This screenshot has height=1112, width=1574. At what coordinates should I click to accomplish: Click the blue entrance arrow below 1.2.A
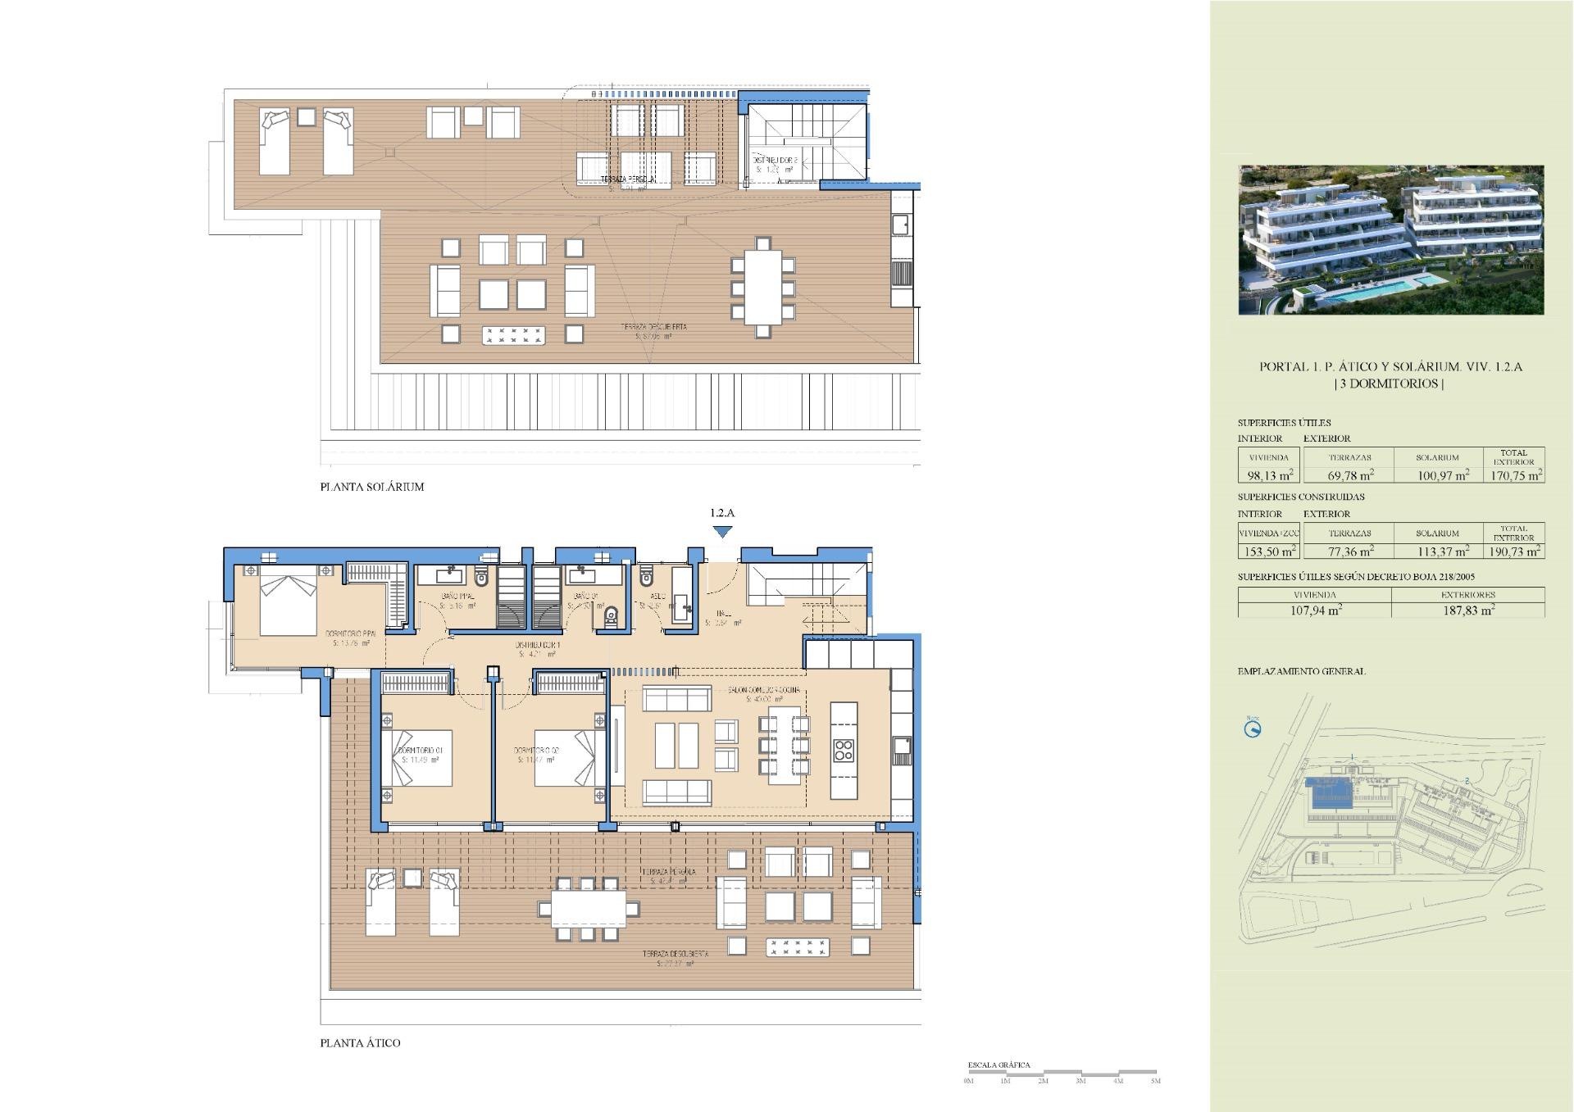pyautogui.click(x=721, y=532)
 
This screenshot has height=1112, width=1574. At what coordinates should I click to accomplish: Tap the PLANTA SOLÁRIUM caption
pyautogui.click(x=371, y=487)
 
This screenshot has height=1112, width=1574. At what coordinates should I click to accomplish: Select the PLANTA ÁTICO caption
pyautogui.click(x=360, y=1043)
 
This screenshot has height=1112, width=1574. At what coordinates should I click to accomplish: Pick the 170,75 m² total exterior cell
pyautogui.click(x=1513, y=474)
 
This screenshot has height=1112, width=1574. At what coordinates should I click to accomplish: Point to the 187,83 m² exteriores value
pyautogui.click(x=1467, y=610)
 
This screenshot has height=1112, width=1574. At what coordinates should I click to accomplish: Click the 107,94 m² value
pyautogui.click(x=1314, y=610)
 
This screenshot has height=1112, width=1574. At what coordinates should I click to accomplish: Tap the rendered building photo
pyautogui.click(x=1390, y=239)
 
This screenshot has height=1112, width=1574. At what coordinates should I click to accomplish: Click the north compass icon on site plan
pyautogui.click(x=1252, y=728)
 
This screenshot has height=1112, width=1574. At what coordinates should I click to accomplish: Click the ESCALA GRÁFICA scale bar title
pyautogui.click(x=999, y=1065)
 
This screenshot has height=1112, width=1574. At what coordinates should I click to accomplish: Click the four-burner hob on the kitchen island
pyautogui.click(x=844, y=750)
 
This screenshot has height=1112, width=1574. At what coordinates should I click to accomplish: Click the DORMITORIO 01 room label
pyautogui.click(x=421, y=751)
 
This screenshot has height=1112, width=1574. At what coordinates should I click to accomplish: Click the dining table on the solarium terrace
pyautogui.click(x=762, y=287)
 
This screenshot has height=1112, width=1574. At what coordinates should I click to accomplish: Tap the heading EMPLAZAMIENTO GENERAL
pyautogui.click(x=1301, y=671)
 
